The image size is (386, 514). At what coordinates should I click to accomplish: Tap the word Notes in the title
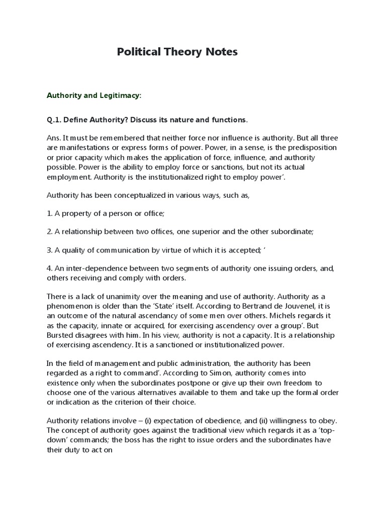[x=220, y=52]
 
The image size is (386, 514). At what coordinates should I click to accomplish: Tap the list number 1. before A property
[x=49, y=213]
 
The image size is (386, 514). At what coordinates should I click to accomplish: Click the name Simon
[x=154, y=373]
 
